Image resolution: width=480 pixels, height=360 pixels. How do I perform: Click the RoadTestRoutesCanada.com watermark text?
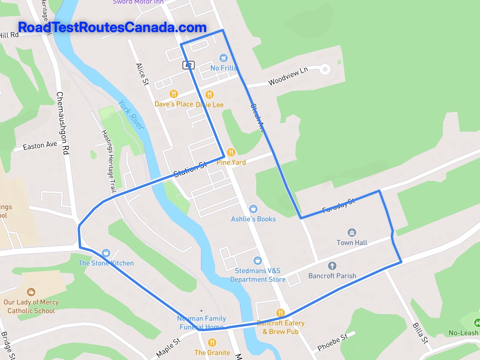click(112, 27)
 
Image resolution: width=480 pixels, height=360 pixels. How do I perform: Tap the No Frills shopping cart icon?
click(223, 58)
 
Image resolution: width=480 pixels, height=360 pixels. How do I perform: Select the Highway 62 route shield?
click(188, 65)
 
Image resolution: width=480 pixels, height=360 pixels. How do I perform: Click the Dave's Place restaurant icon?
click(174, 94)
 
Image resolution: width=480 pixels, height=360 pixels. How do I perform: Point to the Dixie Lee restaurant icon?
click(209, 94)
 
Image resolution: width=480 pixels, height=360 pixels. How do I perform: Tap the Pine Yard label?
click(231, 162)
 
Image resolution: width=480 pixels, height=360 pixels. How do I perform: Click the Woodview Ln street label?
click(288, 76)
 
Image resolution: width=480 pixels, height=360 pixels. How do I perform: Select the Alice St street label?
click(142, 74)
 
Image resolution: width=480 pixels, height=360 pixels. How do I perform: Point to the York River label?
click(131, 115)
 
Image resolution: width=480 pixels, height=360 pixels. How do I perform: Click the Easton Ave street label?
click(40, 145)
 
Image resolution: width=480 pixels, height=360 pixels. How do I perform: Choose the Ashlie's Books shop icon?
click(253, 208)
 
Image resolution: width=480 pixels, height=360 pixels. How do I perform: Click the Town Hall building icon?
click(352, 232)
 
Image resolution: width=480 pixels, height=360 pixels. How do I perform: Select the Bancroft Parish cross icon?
click(332, 265)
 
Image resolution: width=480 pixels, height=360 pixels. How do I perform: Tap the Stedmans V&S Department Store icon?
click(257, 260)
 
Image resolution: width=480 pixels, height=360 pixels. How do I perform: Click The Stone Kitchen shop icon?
click(106, 253)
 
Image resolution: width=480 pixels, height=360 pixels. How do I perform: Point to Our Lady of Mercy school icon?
click(31, 292)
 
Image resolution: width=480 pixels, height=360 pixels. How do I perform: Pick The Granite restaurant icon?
click(212, 342)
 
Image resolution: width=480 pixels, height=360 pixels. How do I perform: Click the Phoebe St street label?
click(332, 342)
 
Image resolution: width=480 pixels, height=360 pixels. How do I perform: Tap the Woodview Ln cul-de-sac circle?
click(325, 69)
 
